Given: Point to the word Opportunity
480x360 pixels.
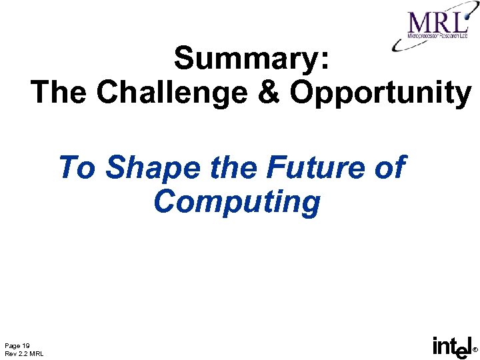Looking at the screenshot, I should point(380,93).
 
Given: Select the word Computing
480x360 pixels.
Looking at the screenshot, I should point(237,201).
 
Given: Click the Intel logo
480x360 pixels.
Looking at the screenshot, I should point(451,347).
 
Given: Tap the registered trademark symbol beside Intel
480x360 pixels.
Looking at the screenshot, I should point(475,350).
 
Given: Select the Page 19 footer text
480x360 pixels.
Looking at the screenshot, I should point(17,345).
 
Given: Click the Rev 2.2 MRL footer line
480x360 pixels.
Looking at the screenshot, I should point(24,353).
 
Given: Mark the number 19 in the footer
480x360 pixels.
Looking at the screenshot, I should point(25,345).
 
